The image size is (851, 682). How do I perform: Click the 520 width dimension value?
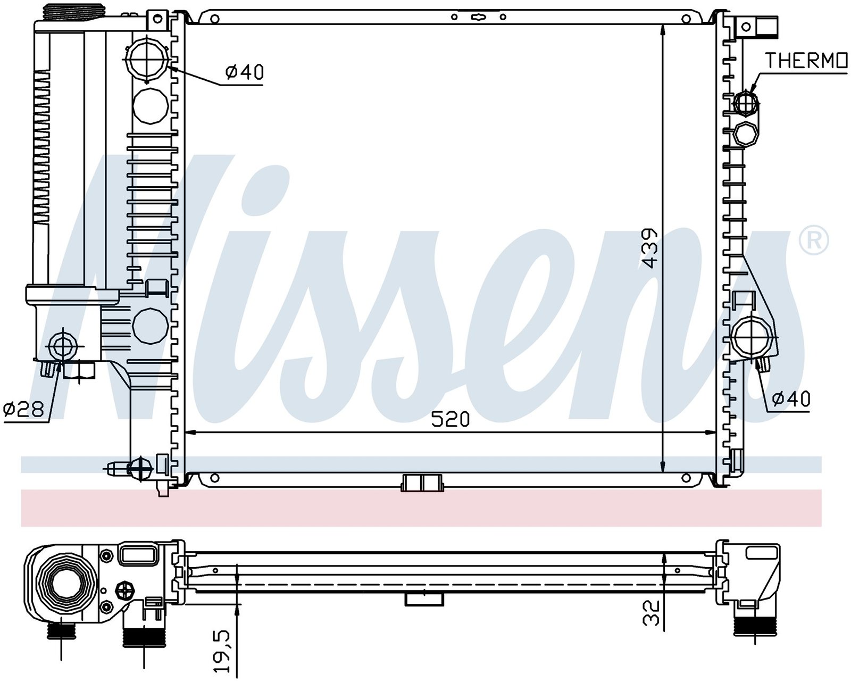450,419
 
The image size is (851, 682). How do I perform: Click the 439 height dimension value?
650,248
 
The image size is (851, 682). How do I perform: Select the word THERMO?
807,61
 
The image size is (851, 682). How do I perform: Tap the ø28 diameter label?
23,409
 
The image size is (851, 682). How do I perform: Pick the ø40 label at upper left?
244,72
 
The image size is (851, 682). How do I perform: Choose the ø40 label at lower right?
790,399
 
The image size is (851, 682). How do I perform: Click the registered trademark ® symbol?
814,240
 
